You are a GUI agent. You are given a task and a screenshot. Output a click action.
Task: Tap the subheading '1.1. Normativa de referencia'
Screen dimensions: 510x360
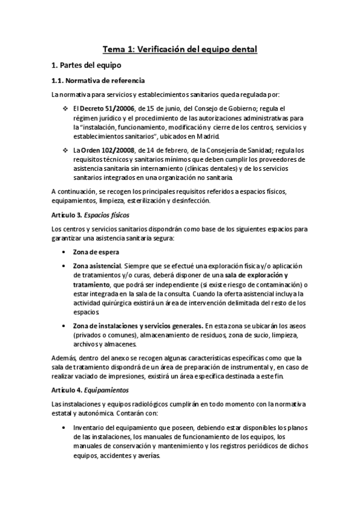click(97, 80)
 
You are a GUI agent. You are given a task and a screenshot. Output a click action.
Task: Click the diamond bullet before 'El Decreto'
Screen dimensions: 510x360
click(66, 108)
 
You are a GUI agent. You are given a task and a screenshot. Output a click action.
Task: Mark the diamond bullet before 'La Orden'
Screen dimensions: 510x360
click(66, 150)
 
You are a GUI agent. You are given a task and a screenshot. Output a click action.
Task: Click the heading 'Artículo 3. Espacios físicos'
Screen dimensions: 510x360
click(90, 215)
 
